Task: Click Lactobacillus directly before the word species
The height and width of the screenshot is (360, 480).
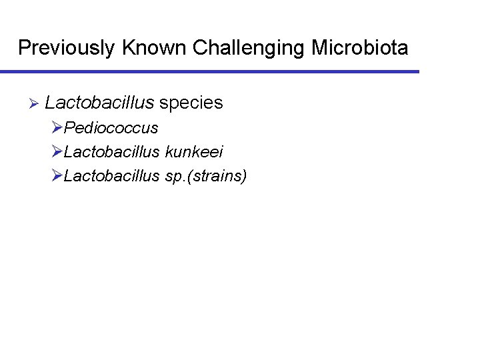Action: (99, 103)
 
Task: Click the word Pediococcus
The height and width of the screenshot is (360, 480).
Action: (111, 128)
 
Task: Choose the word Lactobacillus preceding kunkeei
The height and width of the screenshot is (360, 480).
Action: (112, 152)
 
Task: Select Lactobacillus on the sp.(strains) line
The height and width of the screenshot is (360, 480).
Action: (112, 176)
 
